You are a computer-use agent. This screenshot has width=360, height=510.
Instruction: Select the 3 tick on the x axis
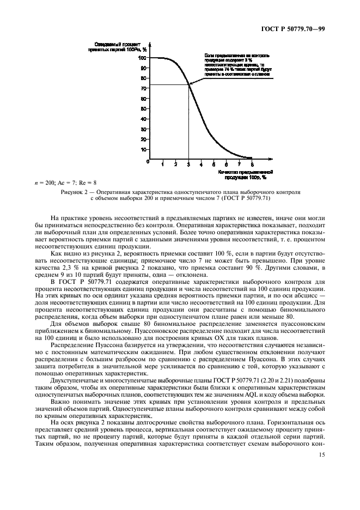click(x=188, y=163)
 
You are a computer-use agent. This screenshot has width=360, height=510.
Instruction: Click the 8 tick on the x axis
click(x=252, y=163)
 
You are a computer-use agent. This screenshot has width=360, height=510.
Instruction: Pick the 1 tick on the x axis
click(x=163, y=163)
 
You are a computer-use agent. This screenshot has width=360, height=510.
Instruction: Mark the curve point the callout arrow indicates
click(x=190, y=83)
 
